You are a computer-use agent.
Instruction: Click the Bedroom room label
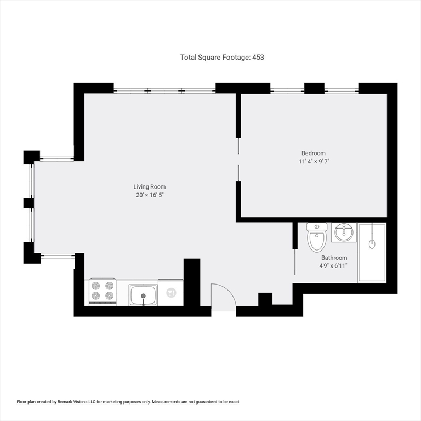point(314,153)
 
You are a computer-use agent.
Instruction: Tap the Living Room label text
point(150,187)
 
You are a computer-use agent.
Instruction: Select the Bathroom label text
point(334,258)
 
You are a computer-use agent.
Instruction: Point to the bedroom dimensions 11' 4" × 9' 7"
point(314,161)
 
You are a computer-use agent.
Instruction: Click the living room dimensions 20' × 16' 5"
point(150,195)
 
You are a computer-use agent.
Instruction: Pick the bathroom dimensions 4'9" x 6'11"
point(333,266)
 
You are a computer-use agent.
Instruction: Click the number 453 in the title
point(258,57)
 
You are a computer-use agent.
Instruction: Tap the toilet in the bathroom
point(317,237)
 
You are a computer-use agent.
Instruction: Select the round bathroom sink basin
point(344,232)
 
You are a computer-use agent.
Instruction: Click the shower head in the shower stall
point(372,244)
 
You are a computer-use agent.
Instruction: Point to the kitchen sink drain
point(144,295)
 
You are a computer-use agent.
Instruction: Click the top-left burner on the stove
point(96,286)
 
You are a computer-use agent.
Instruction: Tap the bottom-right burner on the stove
point(109,295)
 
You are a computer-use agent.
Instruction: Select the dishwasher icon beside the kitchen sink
point(171,293)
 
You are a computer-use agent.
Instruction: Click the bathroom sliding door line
point(295,262)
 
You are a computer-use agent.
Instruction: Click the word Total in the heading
point(188,57)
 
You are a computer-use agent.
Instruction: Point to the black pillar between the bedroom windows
point(315,88)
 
